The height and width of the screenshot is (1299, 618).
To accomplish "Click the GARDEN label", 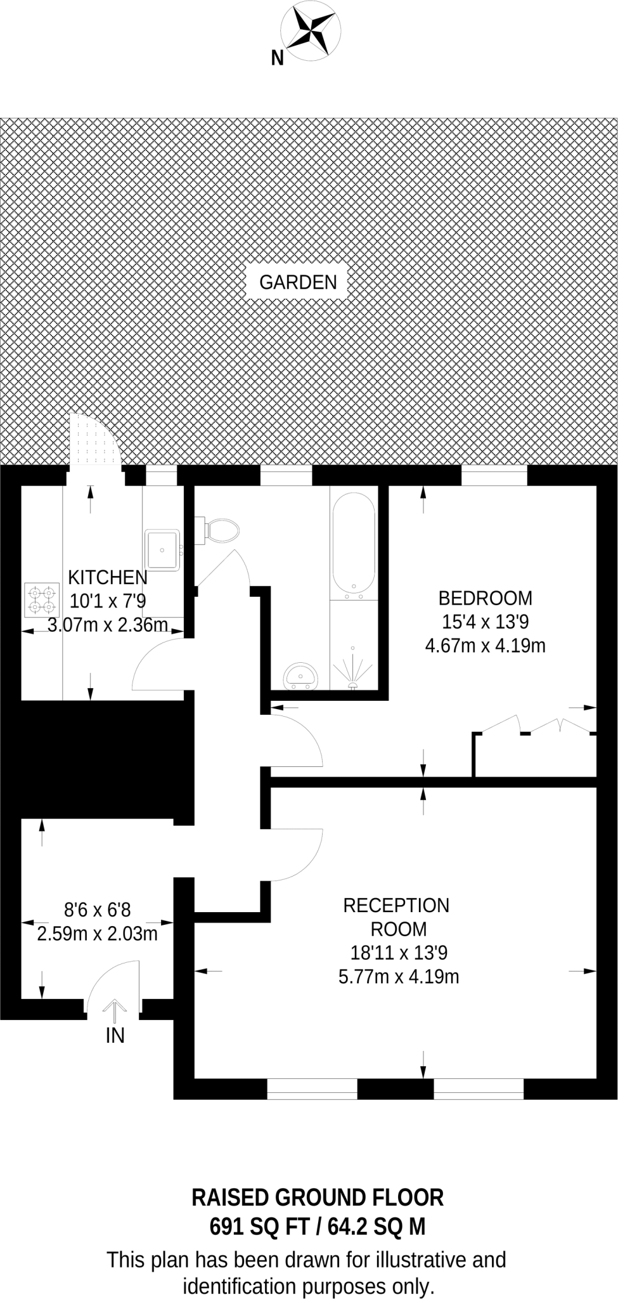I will click(298, 282).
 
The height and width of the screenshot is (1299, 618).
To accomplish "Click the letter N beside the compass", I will click(277, 58).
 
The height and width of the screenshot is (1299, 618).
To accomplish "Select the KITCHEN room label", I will click(107, 577).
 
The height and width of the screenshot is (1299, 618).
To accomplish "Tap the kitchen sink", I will click(162, 549).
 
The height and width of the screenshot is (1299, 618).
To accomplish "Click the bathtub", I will click(354, 545).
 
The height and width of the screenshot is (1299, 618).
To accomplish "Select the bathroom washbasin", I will click(300, 676).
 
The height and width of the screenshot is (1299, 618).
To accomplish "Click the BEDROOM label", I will click(486, 598).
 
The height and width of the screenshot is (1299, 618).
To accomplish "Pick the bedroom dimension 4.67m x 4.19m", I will click(486, 646).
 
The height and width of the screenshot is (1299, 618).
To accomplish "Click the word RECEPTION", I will click(396, 905).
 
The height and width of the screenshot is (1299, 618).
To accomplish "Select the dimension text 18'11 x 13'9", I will click(399, 952).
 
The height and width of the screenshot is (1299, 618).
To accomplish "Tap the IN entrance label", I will click(115, 1035).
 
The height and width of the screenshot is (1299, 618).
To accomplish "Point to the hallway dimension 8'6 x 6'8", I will click(98, 910).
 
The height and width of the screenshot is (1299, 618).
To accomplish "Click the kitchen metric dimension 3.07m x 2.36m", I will click(108, 625).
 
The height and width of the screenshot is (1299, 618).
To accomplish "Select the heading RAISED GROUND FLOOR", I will click(318, 1198).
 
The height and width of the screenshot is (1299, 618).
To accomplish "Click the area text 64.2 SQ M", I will click(376, 1227).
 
